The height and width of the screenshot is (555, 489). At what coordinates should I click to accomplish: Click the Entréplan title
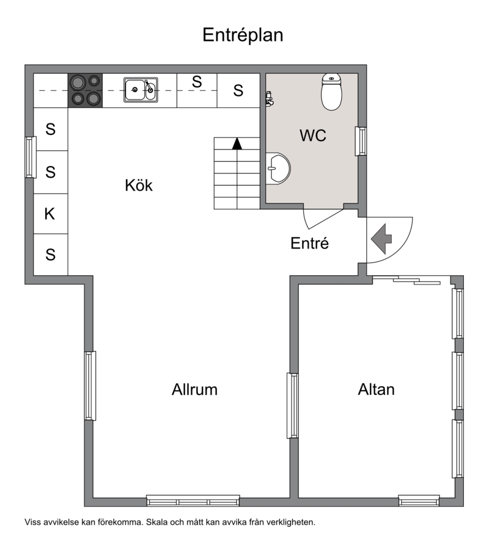pyautogui.click(x=243, y=35)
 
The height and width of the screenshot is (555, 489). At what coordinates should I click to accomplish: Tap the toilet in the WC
pyautogui.click(x=332, y=92)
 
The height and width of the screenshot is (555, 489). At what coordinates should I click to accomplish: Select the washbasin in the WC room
pyautogui.click(x=278, y=169)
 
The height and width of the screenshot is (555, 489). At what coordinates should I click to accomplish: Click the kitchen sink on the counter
pyautogui.click(x=141, y=90)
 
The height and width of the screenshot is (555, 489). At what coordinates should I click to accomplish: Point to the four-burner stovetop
pyautogui.click(x=86, y=90)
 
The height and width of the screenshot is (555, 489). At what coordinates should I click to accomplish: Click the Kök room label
pyautogui.click(x=139, y=185)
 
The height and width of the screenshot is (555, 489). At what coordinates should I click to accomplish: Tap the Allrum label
pyautogui.click(x=194, y=390)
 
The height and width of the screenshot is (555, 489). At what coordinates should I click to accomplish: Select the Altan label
pyautogui.click(x=377, y=390)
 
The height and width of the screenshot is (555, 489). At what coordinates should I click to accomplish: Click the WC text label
pyautogui.click(x=313, y=136)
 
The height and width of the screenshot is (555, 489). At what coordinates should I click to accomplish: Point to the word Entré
pyautogui.click(x=310, y=243)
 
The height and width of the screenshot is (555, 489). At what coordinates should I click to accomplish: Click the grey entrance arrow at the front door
pyautogui.click(x=381, y=239)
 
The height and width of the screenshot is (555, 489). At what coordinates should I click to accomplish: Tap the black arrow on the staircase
pyautogui.click(x=237, y=143)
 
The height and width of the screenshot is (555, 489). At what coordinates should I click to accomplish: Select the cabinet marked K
pyautogui.click(x=50, y=214)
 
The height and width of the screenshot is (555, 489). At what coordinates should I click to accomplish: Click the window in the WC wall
pyautogui.click(x=361, y=141)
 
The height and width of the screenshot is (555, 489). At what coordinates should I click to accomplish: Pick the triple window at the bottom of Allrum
pyautogui.click(x=193, y=501)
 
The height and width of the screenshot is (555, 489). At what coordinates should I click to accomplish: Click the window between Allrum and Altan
pyautogui.click(x=293, y=405)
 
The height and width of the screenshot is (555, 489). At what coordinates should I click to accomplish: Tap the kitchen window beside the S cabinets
pyautogui.click(x=31, y=157)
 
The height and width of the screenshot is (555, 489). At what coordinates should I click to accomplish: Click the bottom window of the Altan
pyautogui.click(x=419, y=501)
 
